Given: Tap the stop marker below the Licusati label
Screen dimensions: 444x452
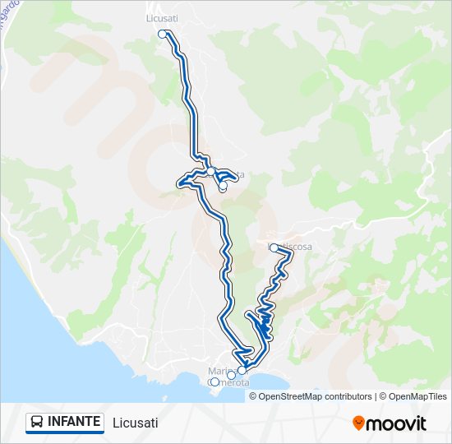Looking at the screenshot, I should tap(163, 35).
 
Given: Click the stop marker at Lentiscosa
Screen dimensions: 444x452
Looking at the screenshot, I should tap(274, 247).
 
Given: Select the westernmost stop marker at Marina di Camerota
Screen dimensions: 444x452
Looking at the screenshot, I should tap(214, 382).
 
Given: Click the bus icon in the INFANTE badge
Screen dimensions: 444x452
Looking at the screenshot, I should tap(38, 423).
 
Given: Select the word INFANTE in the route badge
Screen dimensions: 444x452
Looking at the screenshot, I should tap(74, 423).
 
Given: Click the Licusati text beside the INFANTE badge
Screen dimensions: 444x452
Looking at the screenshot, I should tap(136, 423).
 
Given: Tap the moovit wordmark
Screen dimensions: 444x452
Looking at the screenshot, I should tap(396, 423).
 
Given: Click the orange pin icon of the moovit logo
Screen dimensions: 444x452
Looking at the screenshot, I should tap(358, 423).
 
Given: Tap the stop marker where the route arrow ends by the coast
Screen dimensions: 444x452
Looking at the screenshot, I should tap(242, 370).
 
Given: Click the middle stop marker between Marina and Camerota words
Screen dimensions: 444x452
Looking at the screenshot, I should tap(231, 375).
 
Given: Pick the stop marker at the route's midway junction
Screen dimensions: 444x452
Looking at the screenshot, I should tap(211, 171).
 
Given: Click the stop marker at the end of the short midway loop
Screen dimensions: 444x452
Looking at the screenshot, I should tap(223, 187).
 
